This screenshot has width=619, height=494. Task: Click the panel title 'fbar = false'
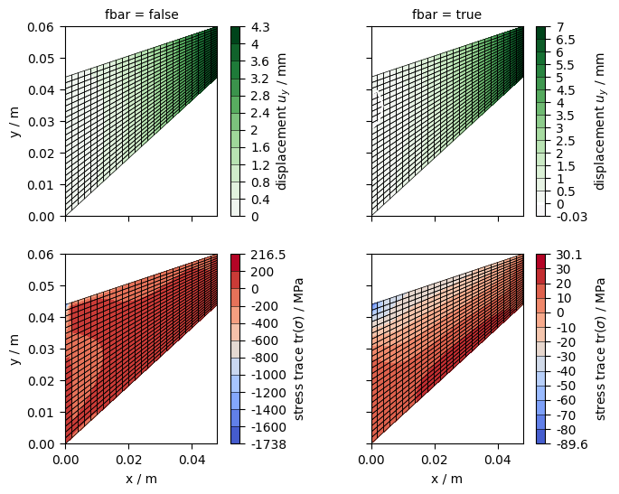coord(141,14)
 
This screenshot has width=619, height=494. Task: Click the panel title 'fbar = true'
coord(446,14)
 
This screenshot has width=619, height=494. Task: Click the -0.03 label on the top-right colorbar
coord(556,217)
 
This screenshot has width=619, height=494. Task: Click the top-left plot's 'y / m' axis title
coord(14,122)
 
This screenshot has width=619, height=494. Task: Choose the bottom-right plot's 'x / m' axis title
coord(446,479)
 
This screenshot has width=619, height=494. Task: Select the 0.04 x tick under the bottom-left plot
coord(192,460)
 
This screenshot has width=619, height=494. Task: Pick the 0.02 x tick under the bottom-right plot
coord(435,460)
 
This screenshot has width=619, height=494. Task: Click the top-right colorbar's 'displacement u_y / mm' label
coord(600,121)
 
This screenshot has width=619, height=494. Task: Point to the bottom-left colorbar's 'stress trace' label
coord(299,350)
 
